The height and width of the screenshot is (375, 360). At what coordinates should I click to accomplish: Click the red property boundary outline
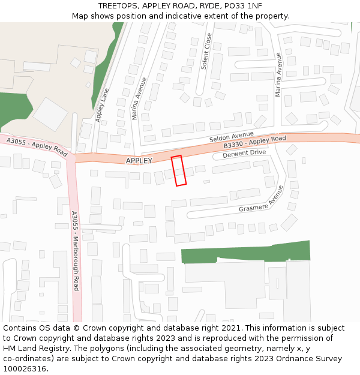(178, 171)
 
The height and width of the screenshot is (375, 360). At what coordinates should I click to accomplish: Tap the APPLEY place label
(139, 160)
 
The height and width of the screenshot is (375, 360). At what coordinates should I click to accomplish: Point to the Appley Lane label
(102, 103)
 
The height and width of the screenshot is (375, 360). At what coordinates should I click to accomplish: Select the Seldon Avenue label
(232, 137)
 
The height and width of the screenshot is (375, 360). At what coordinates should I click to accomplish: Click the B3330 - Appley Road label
(254, 143)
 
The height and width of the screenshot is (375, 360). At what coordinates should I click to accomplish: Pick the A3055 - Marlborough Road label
(75, 250)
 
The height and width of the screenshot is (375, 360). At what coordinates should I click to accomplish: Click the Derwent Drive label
(244, 154)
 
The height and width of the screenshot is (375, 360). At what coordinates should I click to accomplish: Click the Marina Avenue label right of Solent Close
(278, 74)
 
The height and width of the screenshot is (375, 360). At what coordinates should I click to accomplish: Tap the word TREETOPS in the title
(118, 5)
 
